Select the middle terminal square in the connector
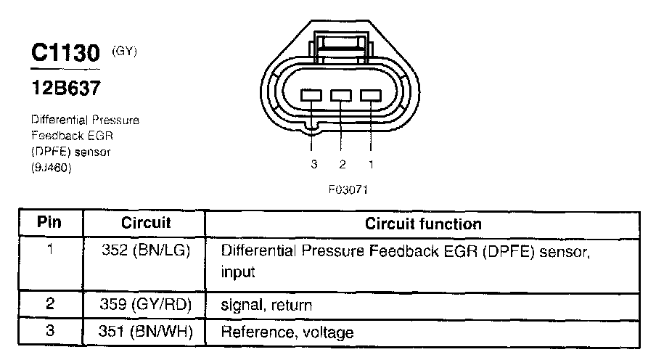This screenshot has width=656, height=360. coord(341,95)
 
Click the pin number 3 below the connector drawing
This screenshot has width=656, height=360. coord(314,164)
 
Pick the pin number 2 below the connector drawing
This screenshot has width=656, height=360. coord(343,164)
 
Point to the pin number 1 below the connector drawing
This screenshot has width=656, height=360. coord(372,164)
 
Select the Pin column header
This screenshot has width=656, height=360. coord(49,223)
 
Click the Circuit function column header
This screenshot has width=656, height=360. coord(422,224)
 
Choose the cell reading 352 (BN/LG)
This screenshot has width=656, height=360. coord(145,251)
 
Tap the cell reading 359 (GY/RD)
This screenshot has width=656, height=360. coord(145,306)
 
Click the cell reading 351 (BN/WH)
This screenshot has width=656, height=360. coord(145,333)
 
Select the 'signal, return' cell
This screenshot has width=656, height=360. coord(266,306)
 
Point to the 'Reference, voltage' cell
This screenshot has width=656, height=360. coord(287,333)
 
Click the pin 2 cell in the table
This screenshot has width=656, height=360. coord(49,305)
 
